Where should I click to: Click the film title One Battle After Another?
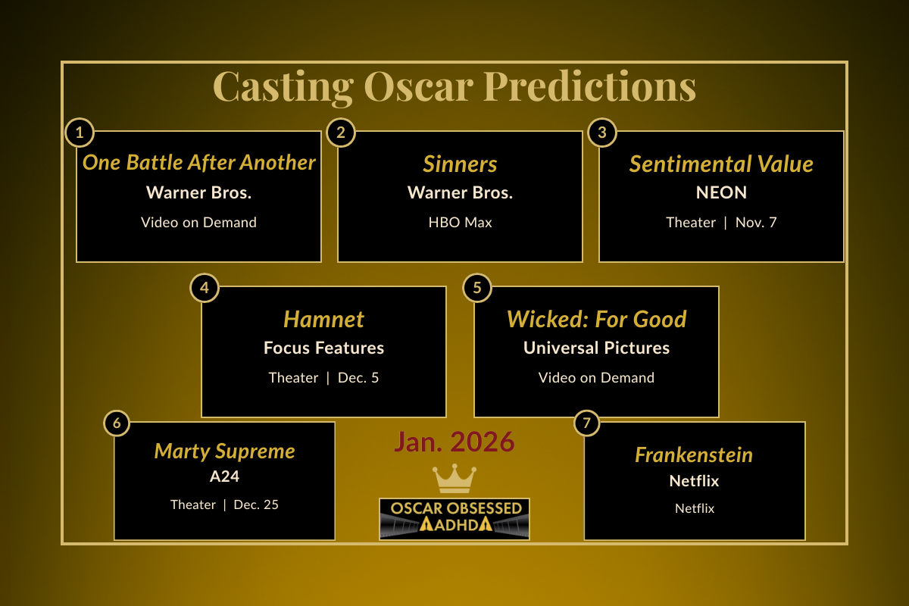pos(198,162)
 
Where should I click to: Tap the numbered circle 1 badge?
pos(80,133)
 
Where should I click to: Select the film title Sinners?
pos(460,164)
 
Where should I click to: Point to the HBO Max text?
pos(460,223)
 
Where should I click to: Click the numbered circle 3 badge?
pos(602,133)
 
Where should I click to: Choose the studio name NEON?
pos(721,192)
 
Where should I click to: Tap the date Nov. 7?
pos(756,223)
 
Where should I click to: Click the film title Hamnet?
pos(323,319)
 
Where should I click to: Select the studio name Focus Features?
pos(323,348)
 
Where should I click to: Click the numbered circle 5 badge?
pos(477,288)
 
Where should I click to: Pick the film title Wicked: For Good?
pos(596,319)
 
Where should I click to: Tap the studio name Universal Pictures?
pos(596,348)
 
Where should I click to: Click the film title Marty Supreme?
pos(224,451)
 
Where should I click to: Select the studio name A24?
pos(224,477)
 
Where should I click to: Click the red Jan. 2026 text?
pos(454,442)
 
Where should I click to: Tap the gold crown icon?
pos(454,479)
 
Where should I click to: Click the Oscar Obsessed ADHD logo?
pos(454,518)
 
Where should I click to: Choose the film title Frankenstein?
pos(694,454)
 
